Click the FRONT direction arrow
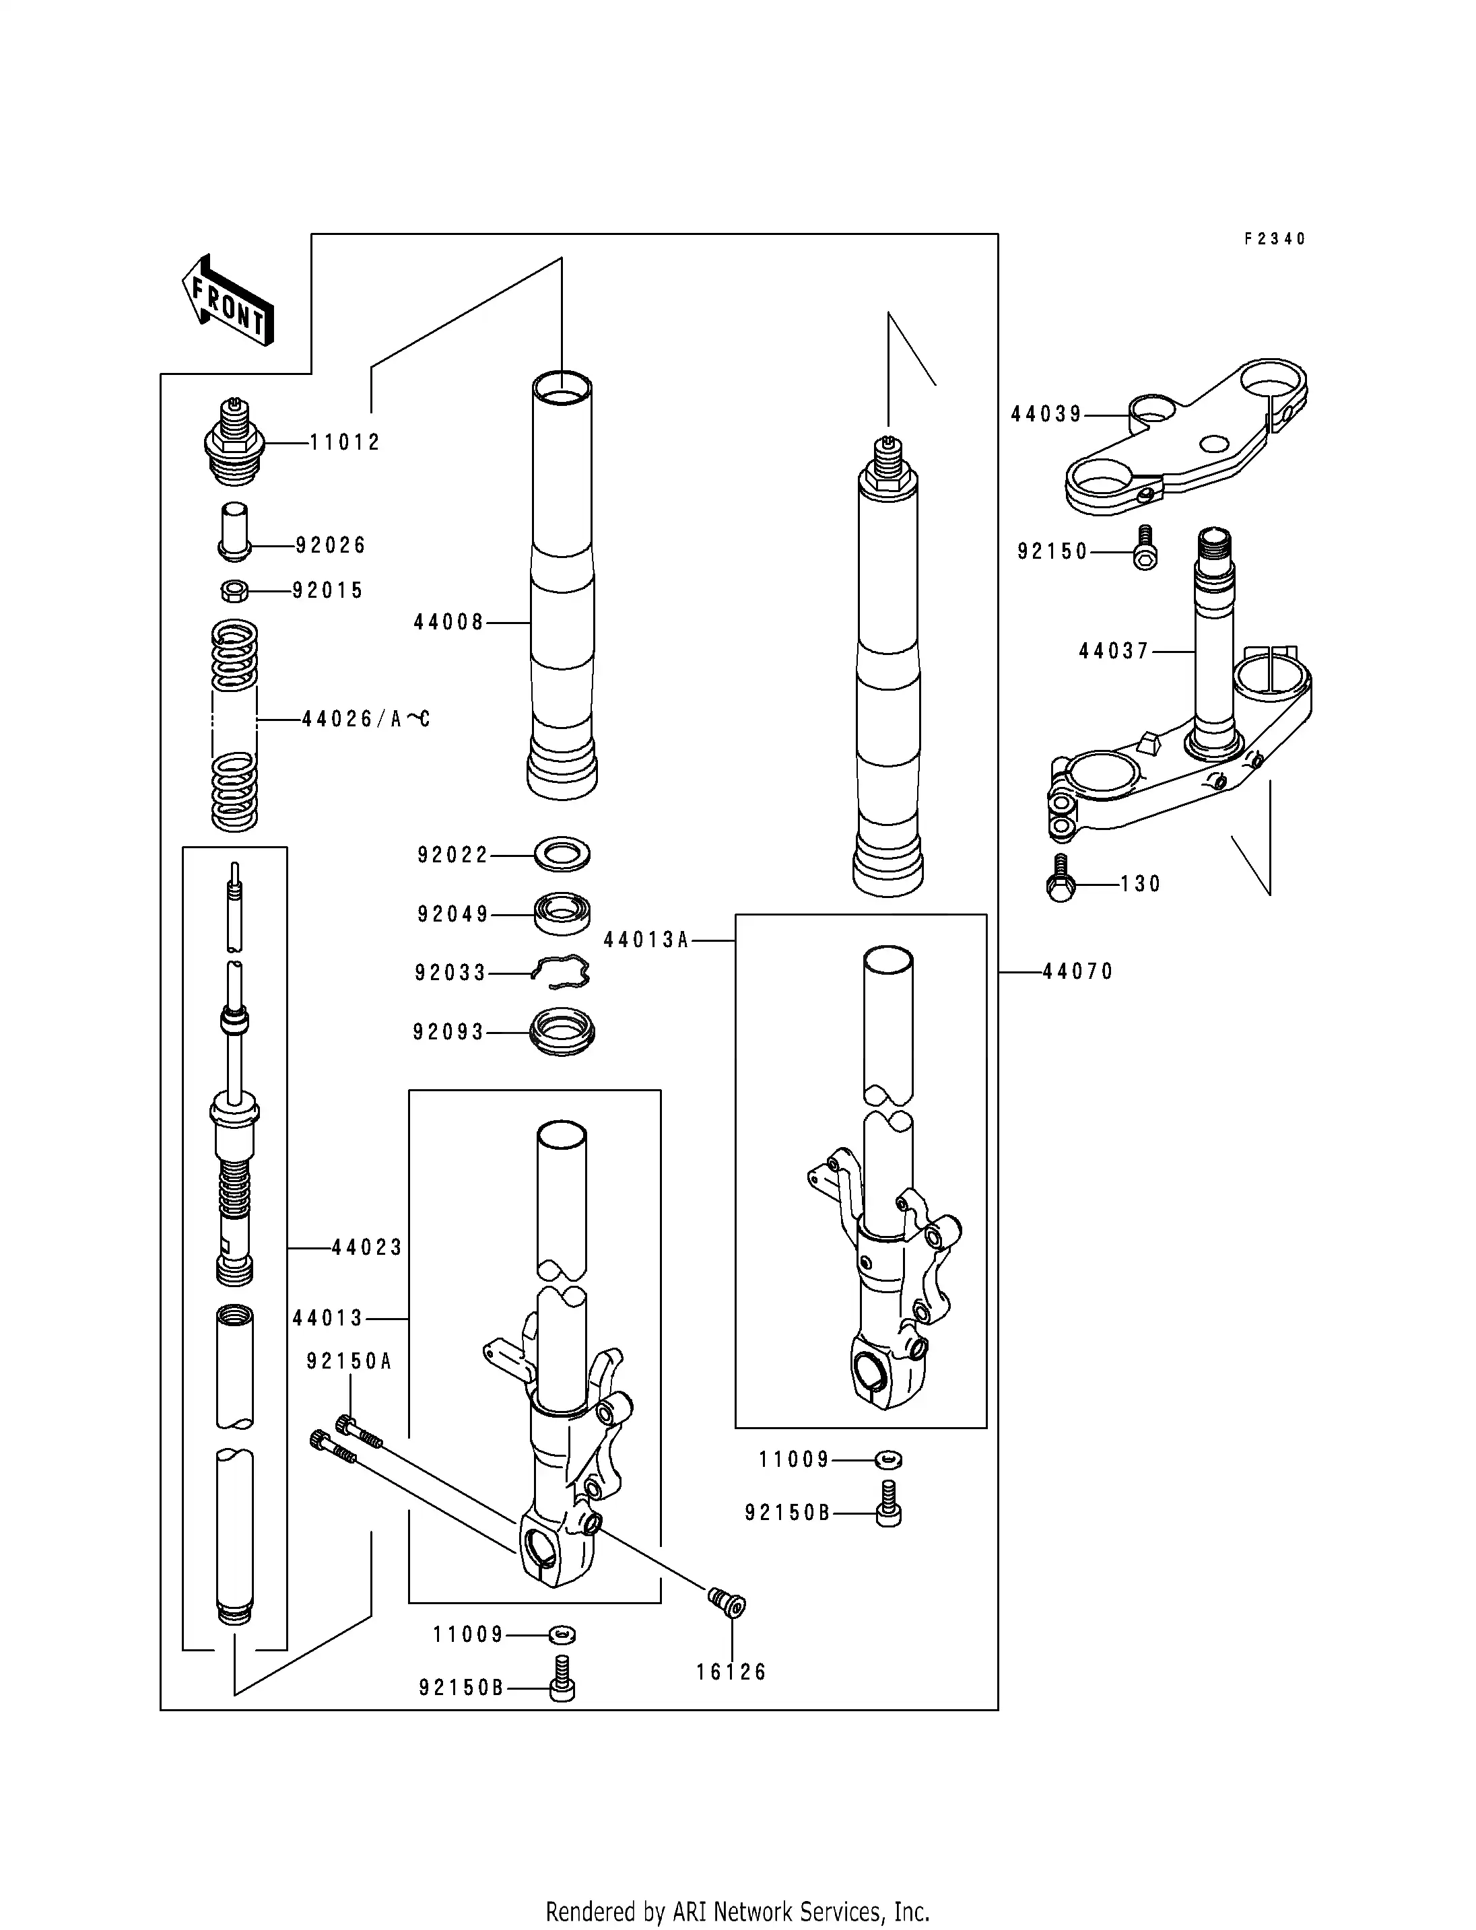point(228,300)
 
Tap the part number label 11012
point(345,443)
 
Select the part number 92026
point(331,545)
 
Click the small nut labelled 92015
point(234,590)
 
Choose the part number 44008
point(449,623)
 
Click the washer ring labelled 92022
point(562,853)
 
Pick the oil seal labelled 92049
point(562,914)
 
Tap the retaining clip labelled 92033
point(562,971)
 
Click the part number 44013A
point(646,940)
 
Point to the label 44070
point(1078,971)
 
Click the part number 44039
point(1046,415)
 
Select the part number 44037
point(1114,651)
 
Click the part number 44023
point(367,1247)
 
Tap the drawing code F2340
point(1275,239)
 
